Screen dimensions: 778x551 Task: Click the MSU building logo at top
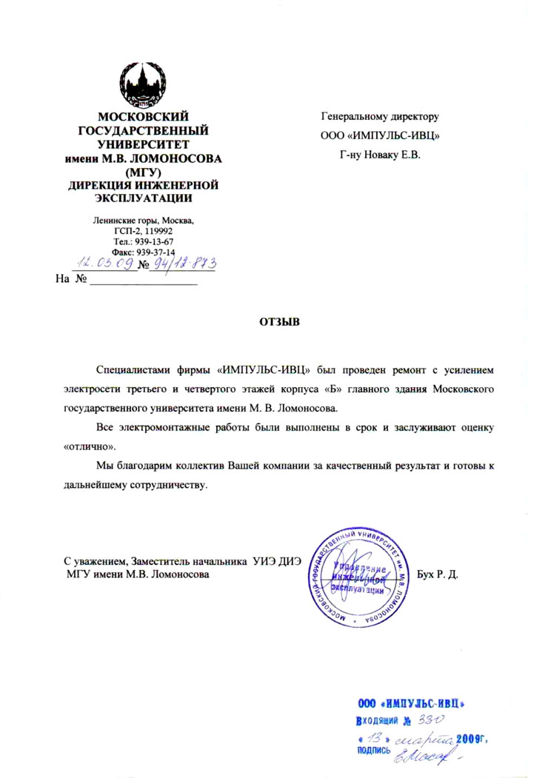click(x=145, y=83)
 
